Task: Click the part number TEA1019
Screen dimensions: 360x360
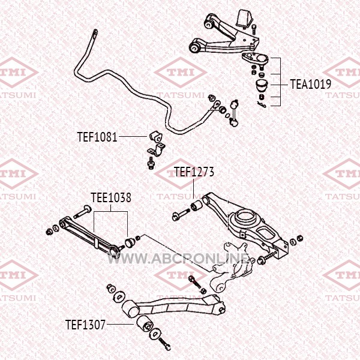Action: (x=311, y=84)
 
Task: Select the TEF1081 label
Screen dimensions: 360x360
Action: (x=97, y=137)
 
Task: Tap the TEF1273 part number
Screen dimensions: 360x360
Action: (x=194, y=172)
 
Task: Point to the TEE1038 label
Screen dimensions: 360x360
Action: (x=111, y=197)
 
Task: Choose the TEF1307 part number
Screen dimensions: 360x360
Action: (x=85, y=325)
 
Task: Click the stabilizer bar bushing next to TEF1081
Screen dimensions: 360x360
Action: (x=155, y=136)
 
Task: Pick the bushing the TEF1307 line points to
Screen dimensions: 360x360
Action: (x=145, y=323)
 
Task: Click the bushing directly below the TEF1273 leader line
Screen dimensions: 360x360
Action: (x=197, y=206)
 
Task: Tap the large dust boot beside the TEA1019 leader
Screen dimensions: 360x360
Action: (x=262, y=85)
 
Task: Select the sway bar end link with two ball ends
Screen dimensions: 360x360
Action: (x=234, y=113)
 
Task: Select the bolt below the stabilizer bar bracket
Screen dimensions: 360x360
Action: (x=151, y=163)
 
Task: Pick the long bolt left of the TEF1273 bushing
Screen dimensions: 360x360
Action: (x=181, y=214)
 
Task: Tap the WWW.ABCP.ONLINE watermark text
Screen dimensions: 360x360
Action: (x=179, y=259)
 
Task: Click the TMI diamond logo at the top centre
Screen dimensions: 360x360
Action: (x=180, y=73)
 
